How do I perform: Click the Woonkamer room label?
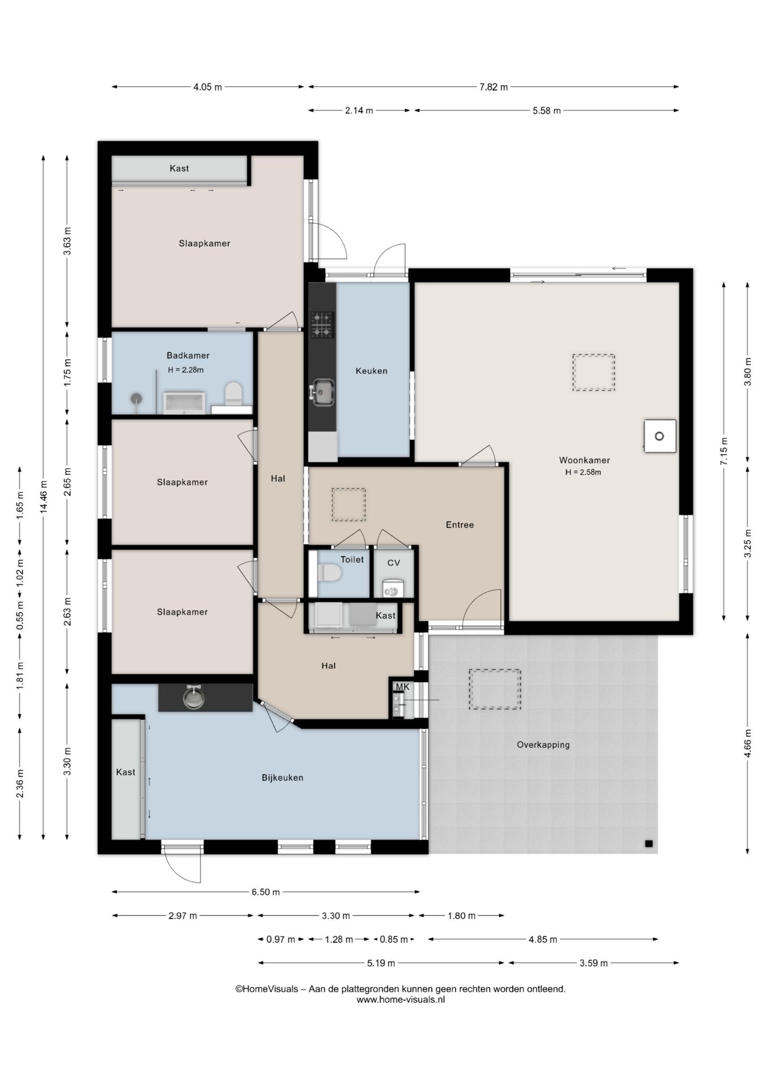click(x=584, y=460)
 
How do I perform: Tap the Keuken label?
click(x=371, y=371)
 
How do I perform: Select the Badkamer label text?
click(x=188, y=356)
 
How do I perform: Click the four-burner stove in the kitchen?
click(x=322, y=325)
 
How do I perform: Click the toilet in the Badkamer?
click(x=233, y=394)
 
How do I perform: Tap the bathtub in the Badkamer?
click(x=184, y=403)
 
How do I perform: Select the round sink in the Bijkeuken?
click(x=194, y=698)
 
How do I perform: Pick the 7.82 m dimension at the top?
click(x=494, y=87)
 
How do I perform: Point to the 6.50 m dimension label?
click(x=265, y=892)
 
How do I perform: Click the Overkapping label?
click(x=543, y=745)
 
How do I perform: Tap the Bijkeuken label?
click(x=282, y=777)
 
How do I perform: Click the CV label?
click(x=394, y=563)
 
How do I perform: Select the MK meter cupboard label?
click(x=402, y=687)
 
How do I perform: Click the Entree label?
click(x=460, y=524)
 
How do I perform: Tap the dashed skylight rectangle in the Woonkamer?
click(x=594, y=373)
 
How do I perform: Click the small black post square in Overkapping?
click(x=649, y=844)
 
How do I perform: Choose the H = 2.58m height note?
click(x=583, y=473)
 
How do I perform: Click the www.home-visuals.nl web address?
click(x=400, y=999)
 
